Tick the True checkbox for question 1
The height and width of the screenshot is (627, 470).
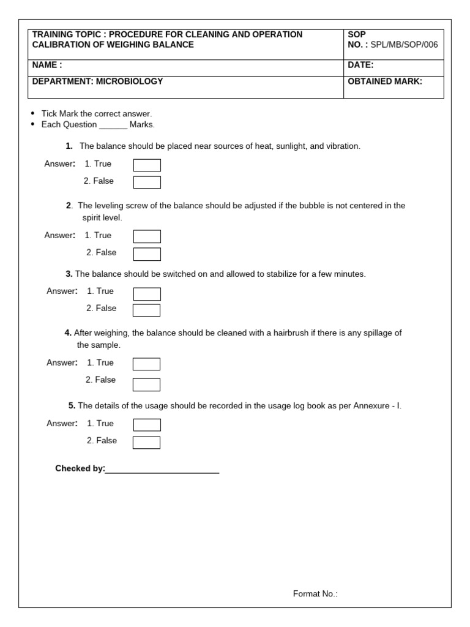pos(147,165)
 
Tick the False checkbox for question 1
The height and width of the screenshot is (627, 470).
pos(147,182)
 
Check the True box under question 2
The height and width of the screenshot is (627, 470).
pos(147,236)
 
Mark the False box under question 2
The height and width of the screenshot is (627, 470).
pos(147,254)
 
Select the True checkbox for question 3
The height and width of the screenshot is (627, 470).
pos(147,294)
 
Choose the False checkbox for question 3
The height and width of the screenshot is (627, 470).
pos(147,310)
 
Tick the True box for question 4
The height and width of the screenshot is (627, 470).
pos(147,364)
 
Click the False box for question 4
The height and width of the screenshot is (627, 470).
pos(147,385)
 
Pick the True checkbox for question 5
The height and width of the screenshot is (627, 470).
pos(147,425)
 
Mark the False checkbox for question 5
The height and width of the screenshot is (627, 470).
pos(147,442)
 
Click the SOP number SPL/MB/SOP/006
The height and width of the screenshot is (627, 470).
pos(404,45)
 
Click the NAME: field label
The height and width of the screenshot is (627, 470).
pos(47,65)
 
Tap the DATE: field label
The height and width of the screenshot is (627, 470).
pos(360,65)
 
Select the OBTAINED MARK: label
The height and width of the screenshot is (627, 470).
pos(385,81)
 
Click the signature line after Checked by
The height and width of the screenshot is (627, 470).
pos(162,470)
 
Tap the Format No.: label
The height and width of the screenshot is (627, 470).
pos(315,593)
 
